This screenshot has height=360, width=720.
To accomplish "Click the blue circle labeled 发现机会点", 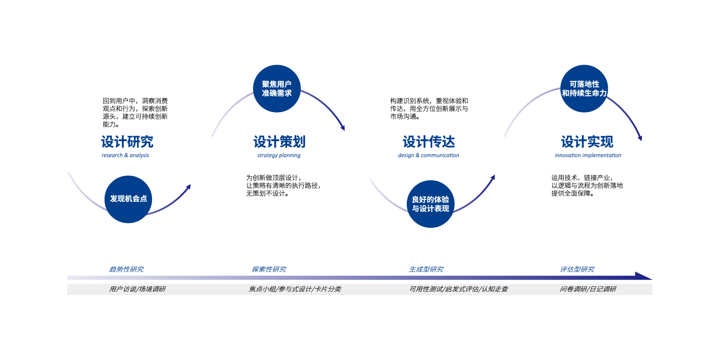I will point(128,199).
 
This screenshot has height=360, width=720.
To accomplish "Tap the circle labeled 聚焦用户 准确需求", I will point(277,88).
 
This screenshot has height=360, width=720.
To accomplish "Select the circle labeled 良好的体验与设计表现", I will point(431,204).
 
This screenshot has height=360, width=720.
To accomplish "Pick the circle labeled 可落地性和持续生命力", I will point(584,88).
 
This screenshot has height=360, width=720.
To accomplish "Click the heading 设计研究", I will point(127,142).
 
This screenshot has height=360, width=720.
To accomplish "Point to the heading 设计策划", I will point(279,142).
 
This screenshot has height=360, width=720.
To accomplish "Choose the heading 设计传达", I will point(428,142).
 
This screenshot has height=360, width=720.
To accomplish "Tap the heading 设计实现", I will point(587,142).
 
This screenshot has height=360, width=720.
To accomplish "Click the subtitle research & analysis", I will point(125,155).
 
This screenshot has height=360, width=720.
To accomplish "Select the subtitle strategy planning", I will point(279,155).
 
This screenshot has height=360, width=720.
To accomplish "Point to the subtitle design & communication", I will point(428,155).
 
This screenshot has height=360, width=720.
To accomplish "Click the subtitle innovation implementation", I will point(588,155).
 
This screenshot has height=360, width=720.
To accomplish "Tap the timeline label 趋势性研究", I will point(126,269).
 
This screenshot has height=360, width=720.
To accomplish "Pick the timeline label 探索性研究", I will point(269,269).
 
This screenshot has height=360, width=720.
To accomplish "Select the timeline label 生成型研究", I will point(426,269).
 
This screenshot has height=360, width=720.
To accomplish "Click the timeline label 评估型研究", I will point(577,269).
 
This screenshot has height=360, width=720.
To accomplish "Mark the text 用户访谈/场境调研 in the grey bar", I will point(137,289).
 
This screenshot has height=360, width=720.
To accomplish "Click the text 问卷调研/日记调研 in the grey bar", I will point(588,289).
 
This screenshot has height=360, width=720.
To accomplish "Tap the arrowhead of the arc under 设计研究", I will point(188,186).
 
